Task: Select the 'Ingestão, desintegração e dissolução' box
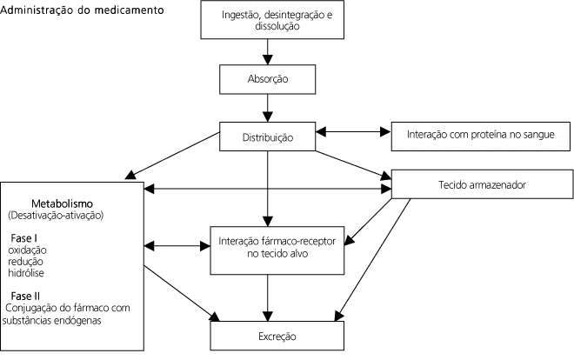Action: [x=268, y=21]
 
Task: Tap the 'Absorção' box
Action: [x=268, y=80]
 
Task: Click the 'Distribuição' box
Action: [x=268, y=137]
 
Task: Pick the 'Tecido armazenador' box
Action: [x=480, y=185]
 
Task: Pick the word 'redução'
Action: [x=27, y=261]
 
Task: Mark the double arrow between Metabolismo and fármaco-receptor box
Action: [x=177, y=244]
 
